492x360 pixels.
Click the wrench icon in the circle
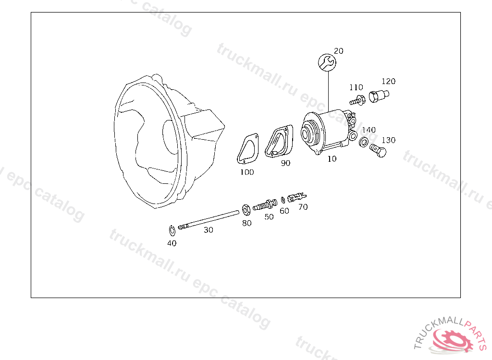point(327,62)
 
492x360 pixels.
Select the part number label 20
point(339,51)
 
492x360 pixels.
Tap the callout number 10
point(332,159)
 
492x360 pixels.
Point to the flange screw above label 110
point(357,101)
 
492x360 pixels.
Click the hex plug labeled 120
point(379,96)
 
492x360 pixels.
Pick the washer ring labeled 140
point(364,143)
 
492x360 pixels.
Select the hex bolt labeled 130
point(378,151)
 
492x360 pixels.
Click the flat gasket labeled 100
point(247,149)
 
